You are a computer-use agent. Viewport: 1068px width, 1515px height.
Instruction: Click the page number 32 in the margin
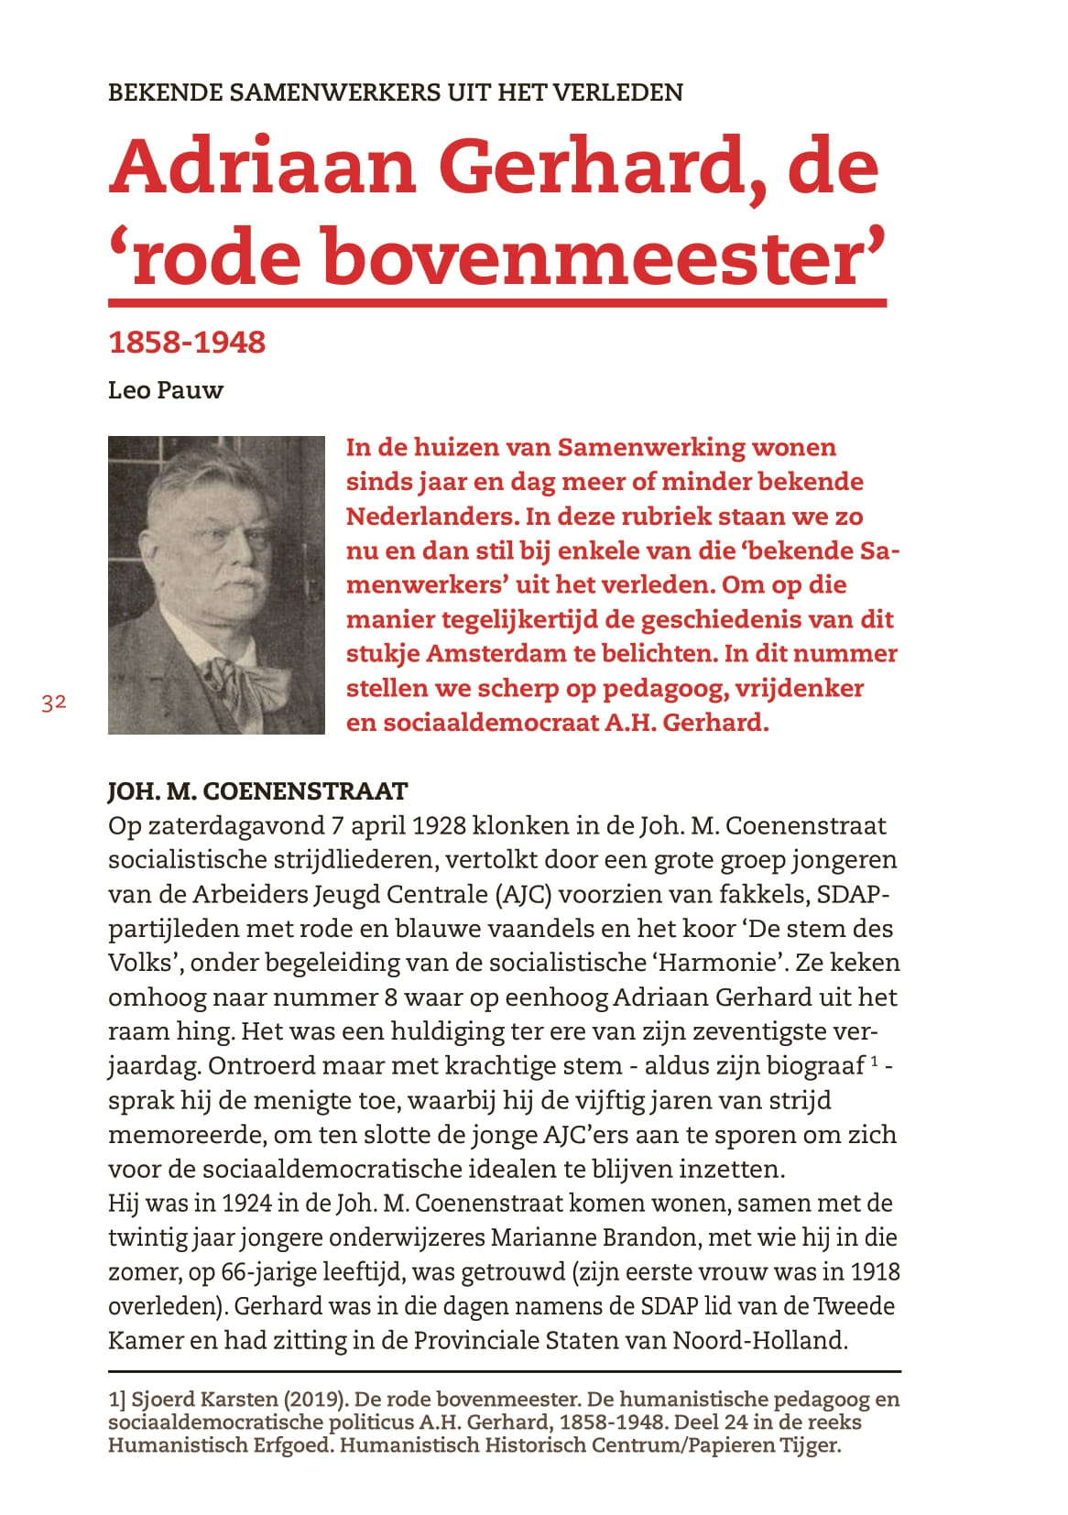point(53,703)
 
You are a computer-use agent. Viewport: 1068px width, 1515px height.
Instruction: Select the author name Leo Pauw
point(165,390)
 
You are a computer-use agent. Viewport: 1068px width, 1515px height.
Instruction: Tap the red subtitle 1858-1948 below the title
point(187,343)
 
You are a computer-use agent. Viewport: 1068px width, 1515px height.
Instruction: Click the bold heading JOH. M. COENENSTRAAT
point(257,791)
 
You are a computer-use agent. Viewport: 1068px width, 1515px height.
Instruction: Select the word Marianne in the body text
point(542,1237)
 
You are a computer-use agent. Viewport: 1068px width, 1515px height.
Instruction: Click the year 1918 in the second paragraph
point(875,1272)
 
